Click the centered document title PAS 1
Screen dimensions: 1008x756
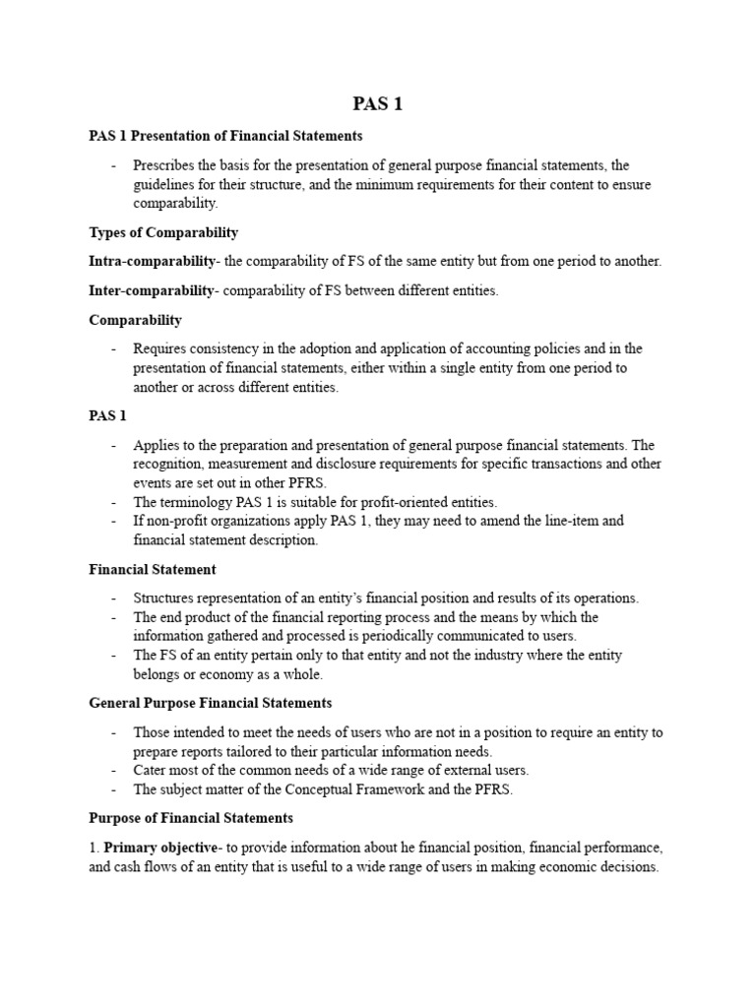coord(378,104)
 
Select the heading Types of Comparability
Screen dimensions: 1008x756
coord(163,232)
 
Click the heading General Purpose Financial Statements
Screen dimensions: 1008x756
coord(211,703)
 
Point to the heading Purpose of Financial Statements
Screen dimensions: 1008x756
coord(191,818)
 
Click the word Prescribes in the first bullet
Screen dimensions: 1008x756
coord(164,164)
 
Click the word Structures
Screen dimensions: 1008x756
coord(165,598)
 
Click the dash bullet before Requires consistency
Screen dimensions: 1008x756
coord(114,348)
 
